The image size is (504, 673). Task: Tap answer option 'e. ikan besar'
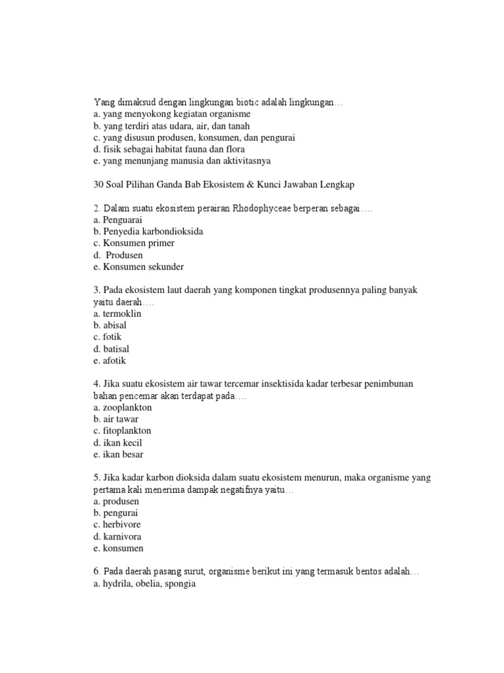119,454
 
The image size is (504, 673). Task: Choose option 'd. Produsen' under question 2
119,255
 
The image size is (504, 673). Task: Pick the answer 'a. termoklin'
117,313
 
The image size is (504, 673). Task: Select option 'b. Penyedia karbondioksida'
149,231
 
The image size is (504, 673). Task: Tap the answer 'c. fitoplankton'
123,430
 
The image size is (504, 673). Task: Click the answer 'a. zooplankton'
123,407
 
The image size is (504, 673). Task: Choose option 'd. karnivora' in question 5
117,536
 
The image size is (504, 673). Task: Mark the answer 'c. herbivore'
117,524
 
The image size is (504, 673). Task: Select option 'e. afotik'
109,361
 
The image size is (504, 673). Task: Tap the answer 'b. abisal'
110,325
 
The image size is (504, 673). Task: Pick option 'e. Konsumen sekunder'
138,267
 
